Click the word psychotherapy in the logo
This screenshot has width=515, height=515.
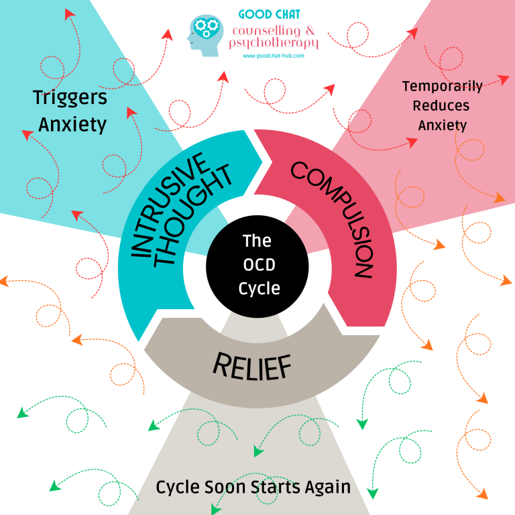click(274, 44)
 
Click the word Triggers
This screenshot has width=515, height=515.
click(70, 99)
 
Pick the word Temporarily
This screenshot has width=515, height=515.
click(442, 86)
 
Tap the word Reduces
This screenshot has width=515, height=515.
click(441, 105)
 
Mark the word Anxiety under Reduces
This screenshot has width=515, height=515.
click(442, 125)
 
